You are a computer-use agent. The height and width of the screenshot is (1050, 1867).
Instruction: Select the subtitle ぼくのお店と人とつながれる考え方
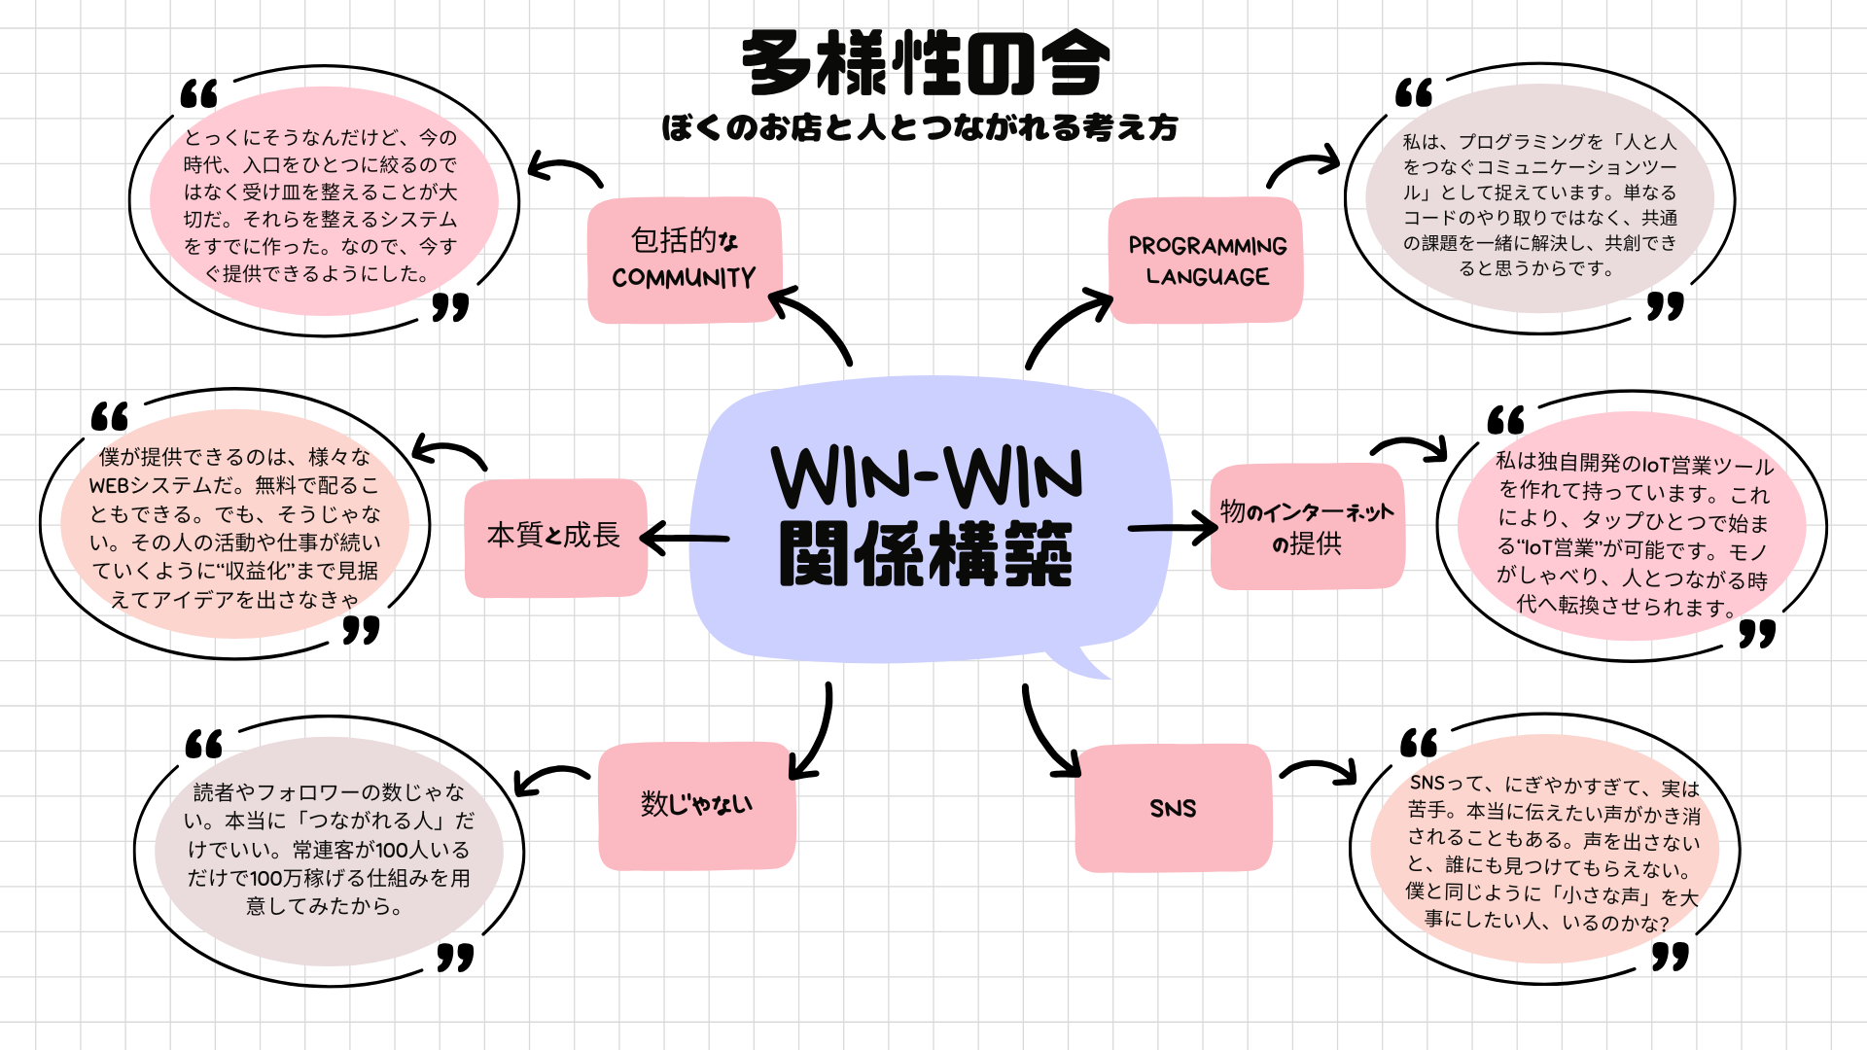click(920, 127)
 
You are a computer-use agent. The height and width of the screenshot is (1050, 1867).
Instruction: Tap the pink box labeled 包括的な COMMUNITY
click(684, 260)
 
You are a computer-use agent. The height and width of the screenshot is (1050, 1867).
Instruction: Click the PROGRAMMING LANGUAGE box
click(1207, 261)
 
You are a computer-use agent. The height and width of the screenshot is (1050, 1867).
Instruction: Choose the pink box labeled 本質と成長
click(554, 536)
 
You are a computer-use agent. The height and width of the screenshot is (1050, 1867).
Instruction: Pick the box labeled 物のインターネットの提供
click(1307, 527)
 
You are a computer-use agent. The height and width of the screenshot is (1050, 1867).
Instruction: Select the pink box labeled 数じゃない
click(696, 805)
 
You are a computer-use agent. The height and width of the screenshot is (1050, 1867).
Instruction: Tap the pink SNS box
click(1173, 808)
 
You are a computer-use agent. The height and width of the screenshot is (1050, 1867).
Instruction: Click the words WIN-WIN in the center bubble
click(927, 476)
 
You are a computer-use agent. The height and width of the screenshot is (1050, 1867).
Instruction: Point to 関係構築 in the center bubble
click(925, 554)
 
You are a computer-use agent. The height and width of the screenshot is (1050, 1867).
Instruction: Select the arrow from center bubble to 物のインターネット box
click(1173, 528)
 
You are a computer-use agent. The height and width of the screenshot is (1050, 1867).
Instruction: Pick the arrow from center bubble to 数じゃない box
click(815, 734)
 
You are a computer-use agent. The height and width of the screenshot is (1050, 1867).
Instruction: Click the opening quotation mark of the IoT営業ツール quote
click(1505, 420)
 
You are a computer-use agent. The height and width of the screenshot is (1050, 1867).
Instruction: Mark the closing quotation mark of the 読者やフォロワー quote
click(455, 957)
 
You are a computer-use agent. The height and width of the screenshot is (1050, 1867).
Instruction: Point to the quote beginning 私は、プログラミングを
click(1539, 204)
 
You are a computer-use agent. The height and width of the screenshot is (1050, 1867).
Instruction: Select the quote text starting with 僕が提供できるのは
click(234, 528)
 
